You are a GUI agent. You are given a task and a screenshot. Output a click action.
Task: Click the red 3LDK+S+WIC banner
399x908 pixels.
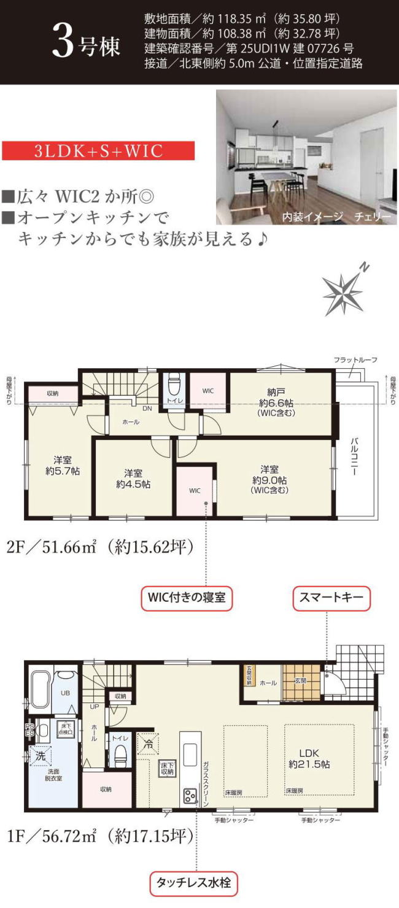pos(98,151)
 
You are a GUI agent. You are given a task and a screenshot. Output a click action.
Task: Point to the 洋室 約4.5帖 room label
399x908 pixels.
pos(133,479)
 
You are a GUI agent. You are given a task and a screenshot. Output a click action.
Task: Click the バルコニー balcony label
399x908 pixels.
pos(354,458)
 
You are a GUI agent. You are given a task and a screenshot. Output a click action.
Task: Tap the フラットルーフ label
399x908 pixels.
pos(355,360)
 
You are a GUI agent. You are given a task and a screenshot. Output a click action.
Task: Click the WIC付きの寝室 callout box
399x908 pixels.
pos(187,598)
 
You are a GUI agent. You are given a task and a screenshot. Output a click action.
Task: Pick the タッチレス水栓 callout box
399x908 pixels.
pos(193,884)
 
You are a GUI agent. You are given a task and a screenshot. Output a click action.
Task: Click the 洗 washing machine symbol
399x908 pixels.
pos(39,756)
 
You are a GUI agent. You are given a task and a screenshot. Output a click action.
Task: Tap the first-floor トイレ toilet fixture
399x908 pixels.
pos(120,755)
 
